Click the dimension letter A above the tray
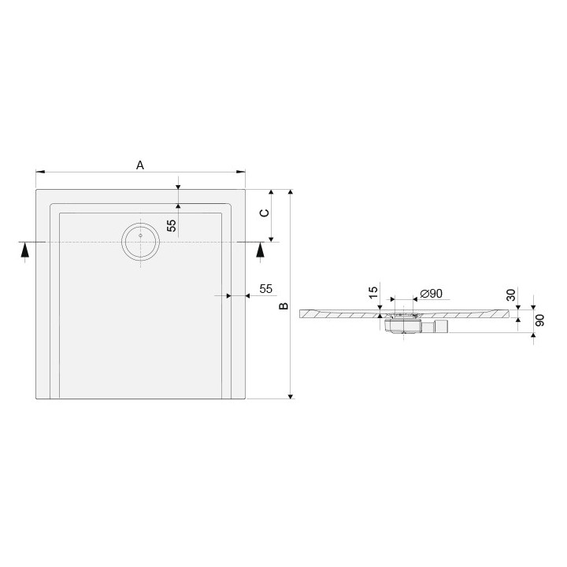(x=140, y=165)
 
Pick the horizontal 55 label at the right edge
(x=265, y=288)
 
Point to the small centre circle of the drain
(x=140, y=234)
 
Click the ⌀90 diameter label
(x=430, y=293)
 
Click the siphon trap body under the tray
(x=403, y=324)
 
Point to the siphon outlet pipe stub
(x=442, y=324)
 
